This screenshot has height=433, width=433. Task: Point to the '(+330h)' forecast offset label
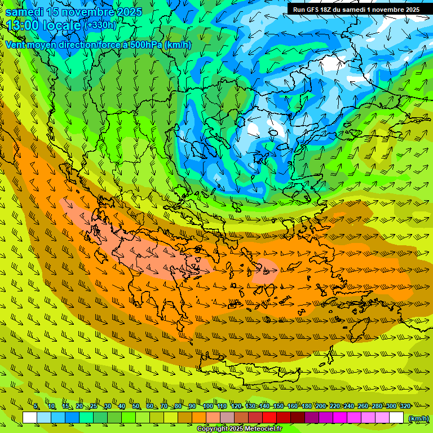pos(100,25)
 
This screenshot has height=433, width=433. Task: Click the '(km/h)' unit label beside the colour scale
pos(418,418)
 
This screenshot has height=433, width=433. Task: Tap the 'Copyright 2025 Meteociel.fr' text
pos(240,429)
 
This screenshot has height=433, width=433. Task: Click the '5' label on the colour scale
pos(36,407)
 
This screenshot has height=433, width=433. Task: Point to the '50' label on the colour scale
pos(136,407)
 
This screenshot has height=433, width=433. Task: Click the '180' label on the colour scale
pos(306,407)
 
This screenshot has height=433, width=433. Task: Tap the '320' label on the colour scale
pos(405,407)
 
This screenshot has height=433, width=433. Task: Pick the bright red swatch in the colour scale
pos(269,418)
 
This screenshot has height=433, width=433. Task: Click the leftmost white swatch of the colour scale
pos(30,418)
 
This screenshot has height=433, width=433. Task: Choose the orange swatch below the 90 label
pos(199,418)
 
